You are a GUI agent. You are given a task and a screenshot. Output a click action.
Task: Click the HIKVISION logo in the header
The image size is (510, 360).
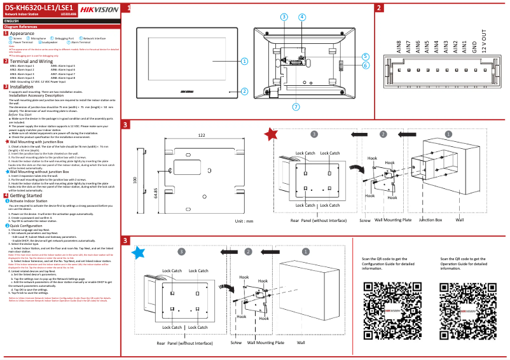[x=98, y=9]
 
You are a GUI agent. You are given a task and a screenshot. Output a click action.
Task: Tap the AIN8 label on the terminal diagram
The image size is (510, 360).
[x=399, y=47]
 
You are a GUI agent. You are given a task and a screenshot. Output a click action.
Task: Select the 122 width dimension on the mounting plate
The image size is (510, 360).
[x=201, y=135]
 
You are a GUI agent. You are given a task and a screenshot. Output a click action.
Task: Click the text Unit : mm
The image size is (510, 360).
[x=244, y=221]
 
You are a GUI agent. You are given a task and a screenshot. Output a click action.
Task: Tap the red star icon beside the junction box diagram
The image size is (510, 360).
[x=271, y=134]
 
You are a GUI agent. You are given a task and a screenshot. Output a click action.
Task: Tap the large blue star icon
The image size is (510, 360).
[x=137, y=253]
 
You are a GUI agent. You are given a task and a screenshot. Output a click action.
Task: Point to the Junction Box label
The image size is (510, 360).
[x=430, y=219]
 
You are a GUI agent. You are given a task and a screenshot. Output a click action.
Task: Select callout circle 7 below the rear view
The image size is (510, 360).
[x=295, y=106]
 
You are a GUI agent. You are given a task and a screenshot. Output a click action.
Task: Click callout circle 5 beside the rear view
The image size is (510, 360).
[x=366, y=57]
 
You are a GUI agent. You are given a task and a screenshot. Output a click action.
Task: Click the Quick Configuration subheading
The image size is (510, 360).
[x=26, y=226]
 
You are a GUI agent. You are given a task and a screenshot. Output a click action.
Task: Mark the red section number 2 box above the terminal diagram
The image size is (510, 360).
[x=378, y=8]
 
